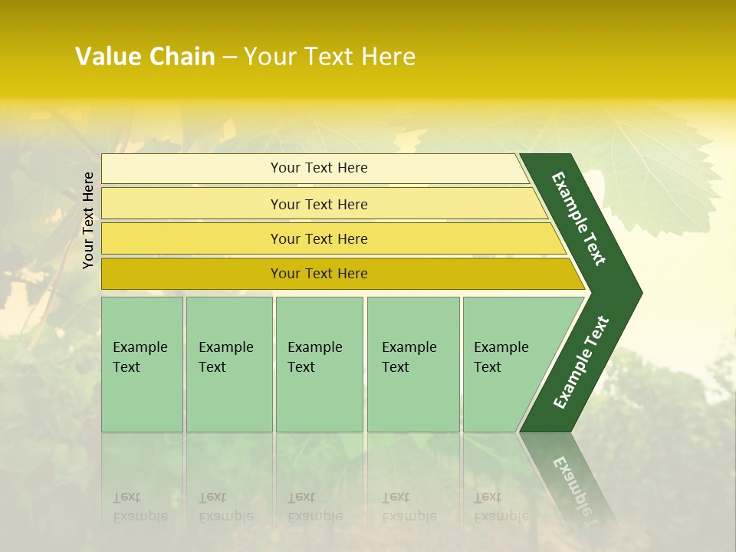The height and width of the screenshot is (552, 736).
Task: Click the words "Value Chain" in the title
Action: (x=145, y=57)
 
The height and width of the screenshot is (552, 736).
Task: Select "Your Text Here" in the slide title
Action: (x=330, y=57)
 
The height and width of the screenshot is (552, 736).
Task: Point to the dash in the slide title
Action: (x=229, y=58)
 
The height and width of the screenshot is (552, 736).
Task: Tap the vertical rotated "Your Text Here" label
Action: (x=88, y=220)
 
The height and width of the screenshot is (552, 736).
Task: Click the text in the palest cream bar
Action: (x=319, y=168)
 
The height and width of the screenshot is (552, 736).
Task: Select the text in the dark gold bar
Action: (x=319, y=274)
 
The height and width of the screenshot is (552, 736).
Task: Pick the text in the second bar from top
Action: (x=319, y=205)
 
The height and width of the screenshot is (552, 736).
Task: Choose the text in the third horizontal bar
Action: (x=319, y=239)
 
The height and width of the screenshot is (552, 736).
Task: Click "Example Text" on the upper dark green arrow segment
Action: (x=579, y=219)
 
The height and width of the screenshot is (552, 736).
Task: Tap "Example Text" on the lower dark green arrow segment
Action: (x=581, y=363)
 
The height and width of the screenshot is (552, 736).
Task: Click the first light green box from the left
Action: (x=142, y=363)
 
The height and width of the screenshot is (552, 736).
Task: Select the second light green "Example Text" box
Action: (x=228, y=363)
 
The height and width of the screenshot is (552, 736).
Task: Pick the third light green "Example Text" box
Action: (x=319, y=363)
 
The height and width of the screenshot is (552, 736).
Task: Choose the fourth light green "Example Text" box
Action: (x=412, y=363)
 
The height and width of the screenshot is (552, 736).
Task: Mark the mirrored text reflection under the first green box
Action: (x=140, y=507)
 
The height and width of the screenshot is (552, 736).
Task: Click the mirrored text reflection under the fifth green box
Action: (x=501, y=507)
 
